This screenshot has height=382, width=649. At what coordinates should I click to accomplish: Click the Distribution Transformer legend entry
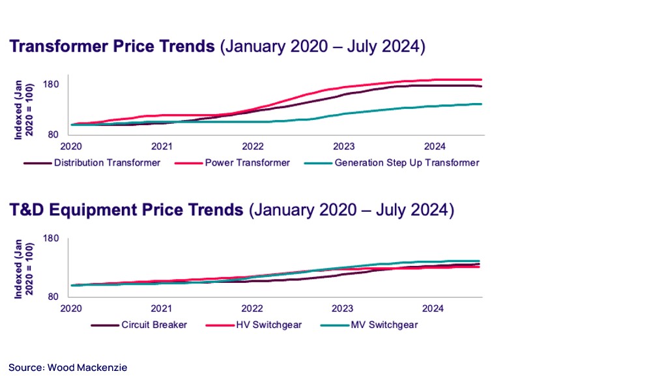tap(107, 162)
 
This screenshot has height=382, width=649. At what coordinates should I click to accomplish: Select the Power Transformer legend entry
tap(247, 162)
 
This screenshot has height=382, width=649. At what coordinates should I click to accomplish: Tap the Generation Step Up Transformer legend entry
tap(407, 162)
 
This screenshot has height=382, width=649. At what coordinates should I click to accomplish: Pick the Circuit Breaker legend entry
tap(154, 325)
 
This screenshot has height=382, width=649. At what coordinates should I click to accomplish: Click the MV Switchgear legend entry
tap(384, 325)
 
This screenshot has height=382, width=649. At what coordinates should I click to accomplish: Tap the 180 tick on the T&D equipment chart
tap(51, 239)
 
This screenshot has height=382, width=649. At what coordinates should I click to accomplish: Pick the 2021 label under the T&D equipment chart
tap(162, 308)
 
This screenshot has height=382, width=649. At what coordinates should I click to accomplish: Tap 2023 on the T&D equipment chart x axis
tap(343, 308)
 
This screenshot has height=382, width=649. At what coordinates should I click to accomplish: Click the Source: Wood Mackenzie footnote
tap(68, 368)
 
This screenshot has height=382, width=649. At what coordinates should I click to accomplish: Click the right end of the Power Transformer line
tap(480, 80)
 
